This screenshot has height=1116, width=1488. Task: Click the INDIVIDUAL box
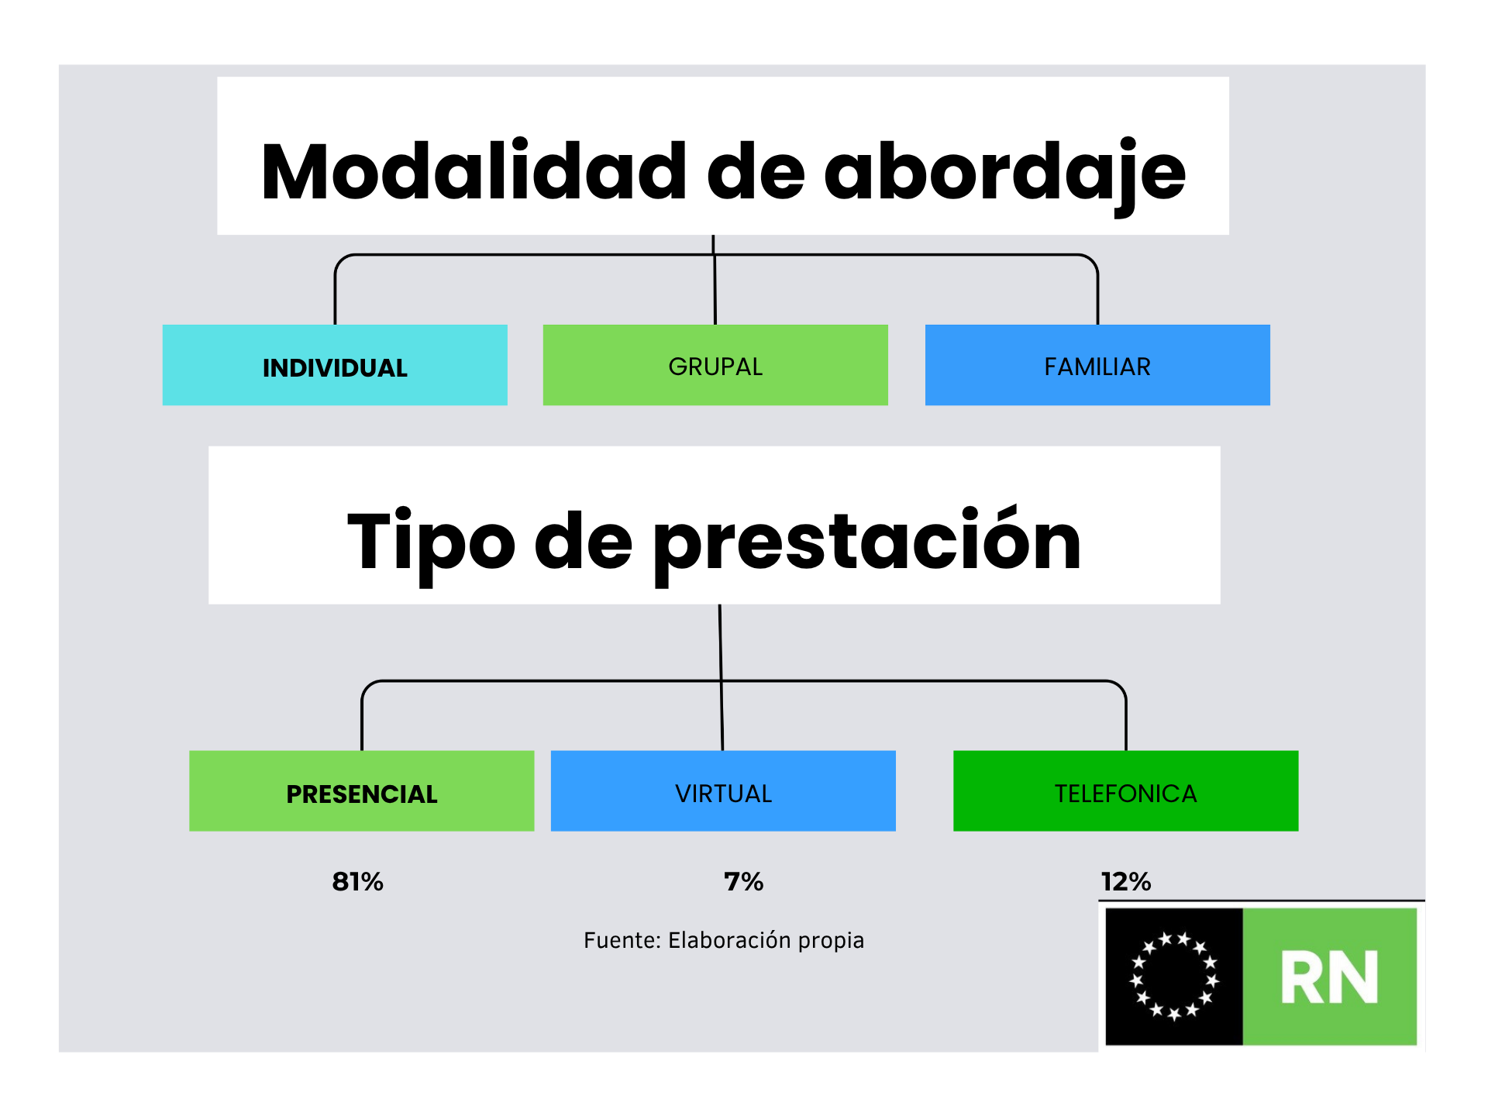335,365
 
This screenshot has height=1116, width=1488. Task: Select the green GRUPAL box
715,365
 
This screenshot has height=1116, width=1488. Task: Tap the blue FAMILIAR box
1097,365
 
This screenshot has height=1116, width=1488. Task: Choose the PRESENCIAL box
362,790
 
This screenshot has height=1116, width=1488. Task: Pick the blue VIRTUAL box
723,790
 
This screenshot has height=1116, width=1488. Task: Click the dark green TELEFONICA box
1125,790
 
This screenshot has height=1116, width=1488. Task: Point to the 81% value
358,882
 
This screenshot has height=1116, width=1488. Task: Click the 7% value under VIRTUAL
744,882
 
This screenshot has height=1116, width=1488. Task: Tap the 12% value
1126,882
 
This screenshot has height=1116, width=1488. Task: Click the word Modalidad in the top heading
474,171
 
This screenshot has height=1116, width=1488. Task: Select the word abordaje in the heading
1004,174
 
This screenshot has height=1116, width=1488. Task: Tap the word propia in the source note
832,942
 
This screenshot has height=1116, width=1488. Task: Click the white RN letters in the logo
1330,977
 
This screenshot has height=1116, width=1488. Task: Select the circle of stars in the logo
1174,976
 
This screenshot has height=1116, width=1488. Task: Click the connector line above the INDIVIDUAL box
335,289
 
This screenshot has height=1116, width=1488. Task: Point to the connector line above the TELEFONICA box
1125,715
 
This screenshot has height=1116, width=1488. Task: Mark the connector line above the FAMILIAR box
1097,289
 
